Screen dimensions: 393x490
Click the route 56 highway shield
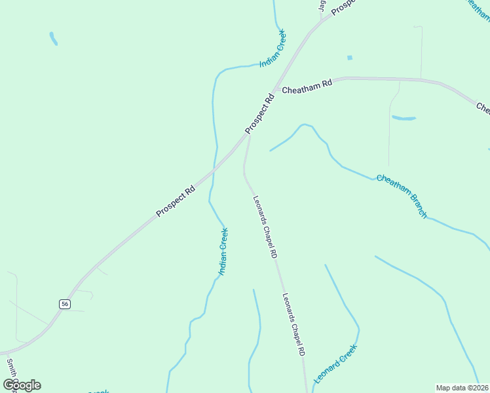64,304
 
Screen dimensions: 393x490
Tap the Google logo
22,384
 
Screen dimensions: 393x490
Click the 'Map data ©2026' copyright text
462,388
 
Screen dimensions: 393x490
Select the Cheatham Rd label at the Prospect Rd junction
307,86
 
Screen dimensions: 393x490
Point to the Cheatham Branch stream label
402,196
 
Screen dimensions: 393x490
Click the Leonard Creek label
335,364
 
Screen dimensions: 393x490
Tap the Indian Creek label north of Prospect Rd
273,48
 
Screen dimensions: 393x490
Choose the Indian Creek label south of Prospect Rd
223,251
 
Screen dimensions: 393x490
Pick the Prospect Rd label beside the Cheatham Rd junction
260,115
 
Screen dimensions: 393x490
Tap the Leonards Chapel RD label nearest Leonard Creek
293,324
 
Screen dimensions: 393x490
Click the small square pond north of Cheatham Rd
349,58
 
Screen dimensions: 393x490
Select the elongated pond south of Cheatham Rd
404,119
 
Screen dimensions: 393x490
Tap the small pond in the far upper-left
53,39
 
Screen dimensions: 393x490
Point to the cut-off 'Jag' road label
322,5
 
